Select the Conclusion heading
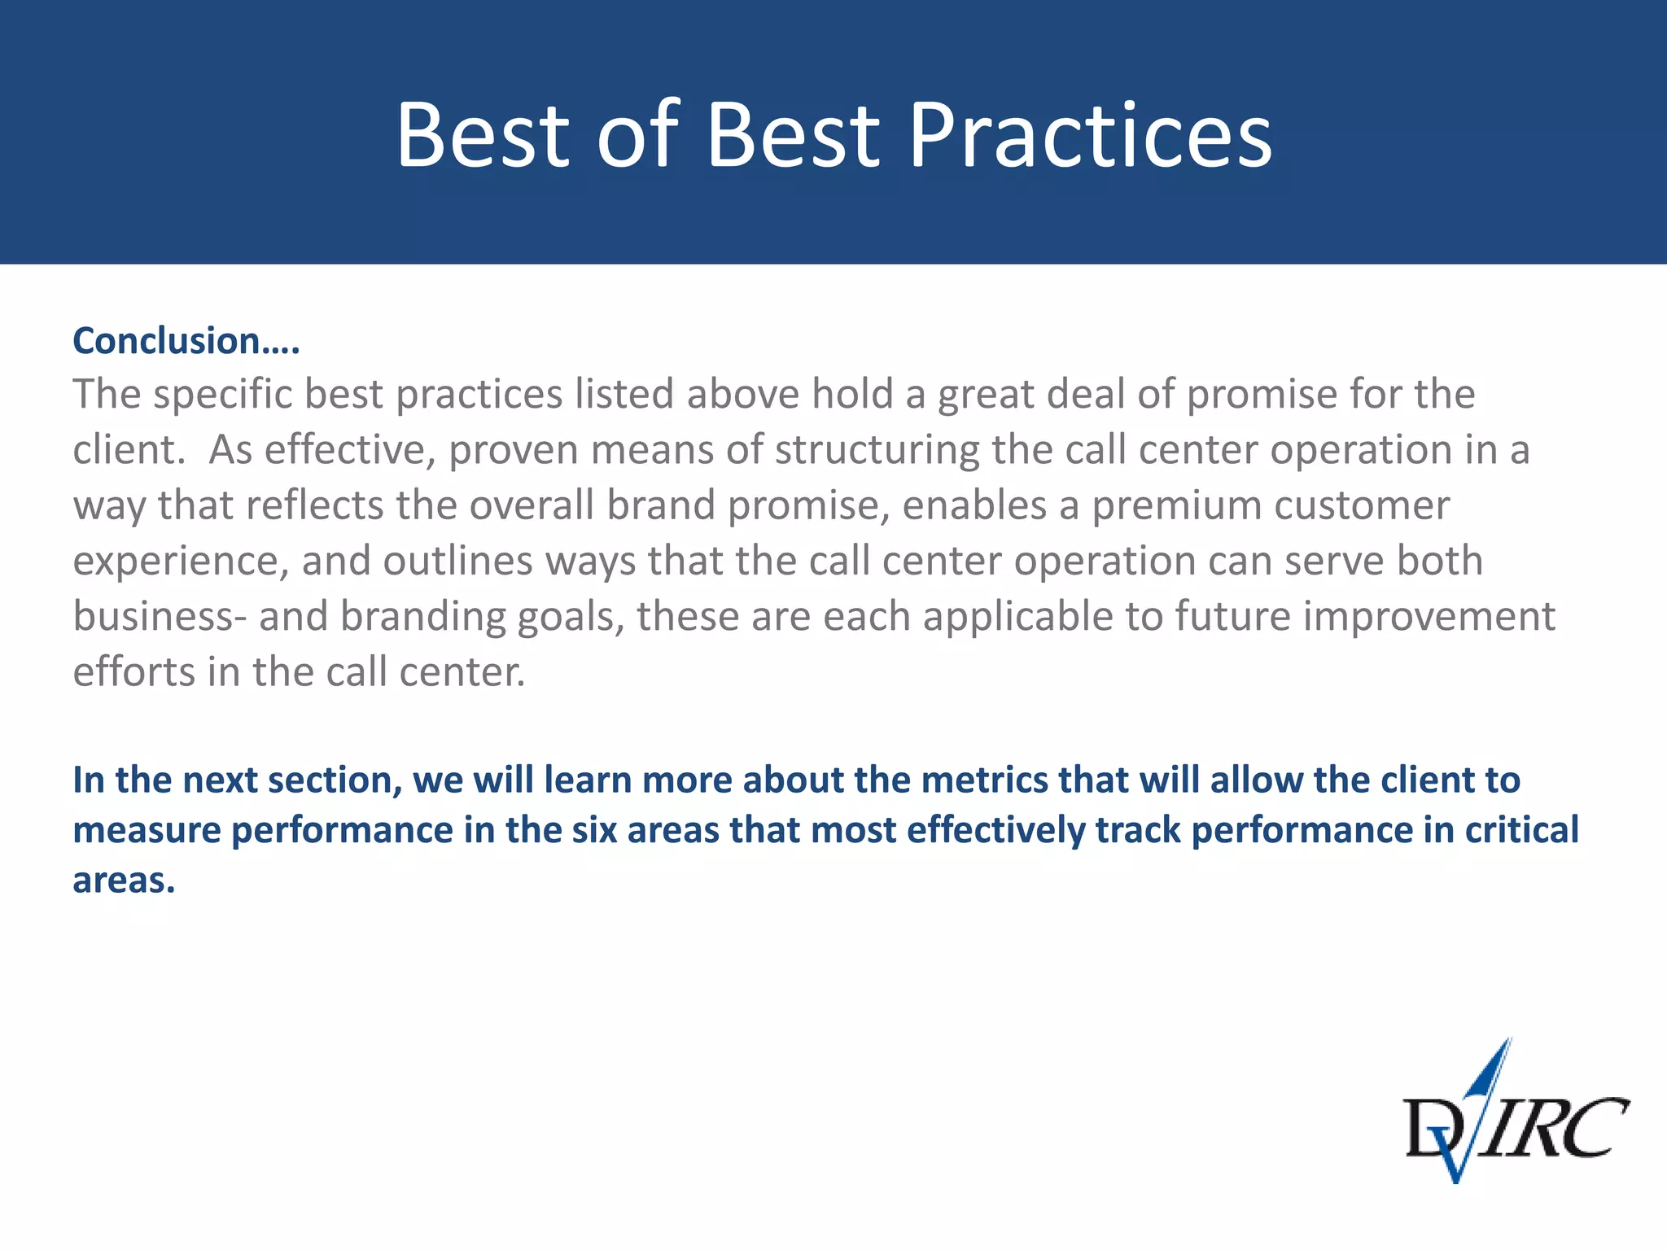[186, 340]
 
